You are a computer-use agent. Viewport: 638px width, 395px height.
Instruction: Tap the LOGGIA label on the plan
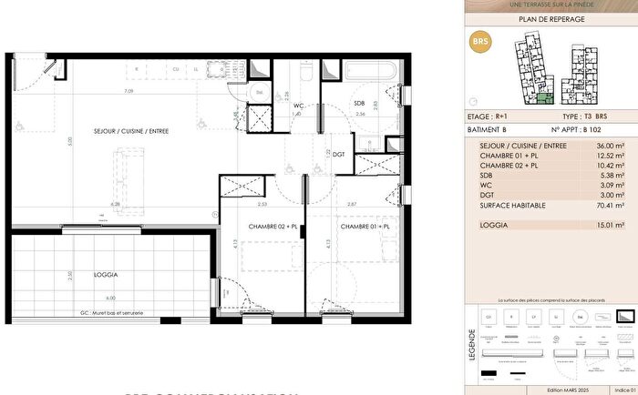tap(108, 274)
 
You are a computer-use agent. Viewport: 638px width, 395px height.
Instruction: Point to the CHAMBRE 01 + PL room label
tap(365, 227)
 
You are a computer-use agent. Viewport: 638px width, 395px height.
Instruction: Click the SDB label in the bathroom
tap(359, 104)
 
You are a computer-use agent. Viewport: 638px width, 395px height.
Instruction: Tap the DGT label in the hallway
tap(338, 155)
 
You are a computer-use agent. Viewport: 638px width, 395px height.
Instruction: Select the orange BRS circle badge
tap(478, 42)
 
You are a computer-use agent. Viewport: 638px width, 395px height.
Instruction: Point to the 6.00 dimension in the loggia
tap(109, 299)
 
